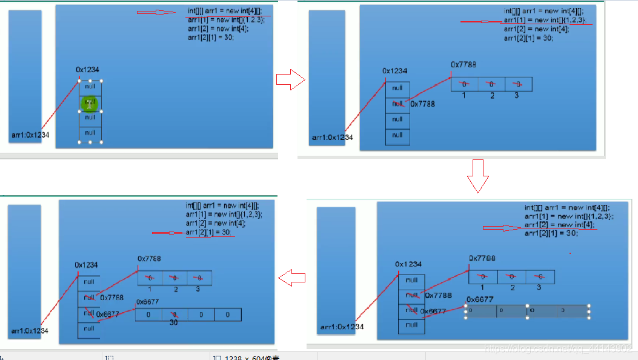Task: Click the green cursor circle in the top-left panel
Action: (89, 104)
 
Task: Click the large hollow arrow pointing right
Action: (290, 79)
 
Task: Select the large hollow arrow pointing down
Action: (477, 176)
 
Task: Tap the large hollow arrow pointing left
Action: (291, 278)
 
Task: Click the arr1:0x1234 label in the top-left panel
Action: (30, 135)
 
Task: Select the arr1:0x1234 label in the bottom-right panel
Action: (342, 327)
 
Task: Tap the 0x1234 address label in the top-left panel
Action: (88, 70)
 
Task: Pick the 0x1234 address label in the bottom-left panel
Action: (86, 265)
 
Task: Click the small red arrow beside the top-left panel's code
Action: (156, 12)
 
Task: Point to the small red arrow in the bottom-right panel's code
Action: (501, 228)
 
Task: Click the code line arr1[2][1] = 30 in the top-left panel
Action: (210, 37)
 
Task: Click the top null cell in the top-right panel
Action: (397, 88)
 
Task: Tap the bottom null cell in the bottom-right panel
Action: (412, 325)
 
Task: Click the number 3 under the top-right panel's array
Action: (517, 96)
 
